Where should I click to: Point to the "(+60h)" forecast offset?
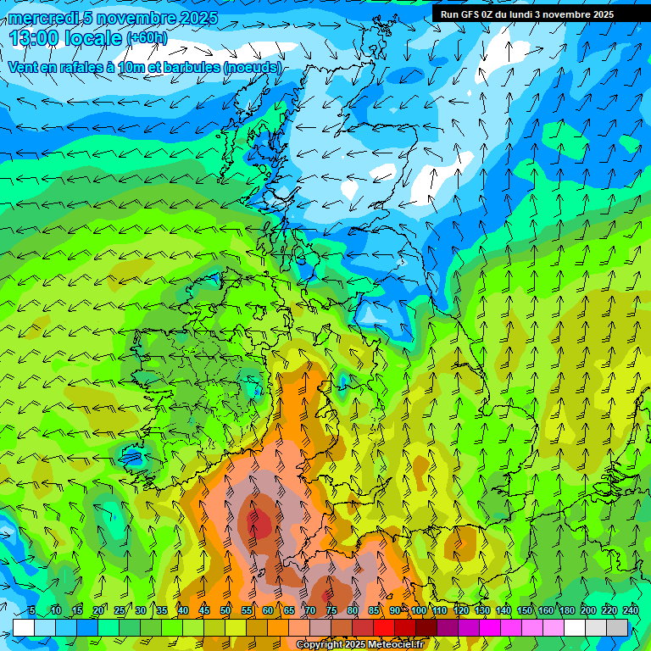[x=147, y=38]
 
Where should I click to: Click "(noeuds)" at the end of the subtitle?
[x=252, y=67]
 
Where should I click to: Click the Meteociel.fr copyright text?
[x=359, y=645]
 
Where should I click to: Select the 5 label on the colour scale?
[x=32, y=610]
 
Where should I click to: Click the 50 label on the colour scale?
[x=225, y=610]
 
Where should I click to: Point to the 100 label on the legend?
[x=419, y=610]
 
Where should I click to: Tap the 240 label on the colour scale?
[x=630, y=610]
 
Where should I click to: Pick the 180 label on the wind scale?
[x=566, y=610]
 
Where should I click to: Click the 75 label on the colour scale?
[x=331, y=610]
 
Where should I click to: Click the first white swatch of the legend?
[x=23, y=627]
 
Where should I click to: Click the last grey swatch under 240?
[x=617, y=627]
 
